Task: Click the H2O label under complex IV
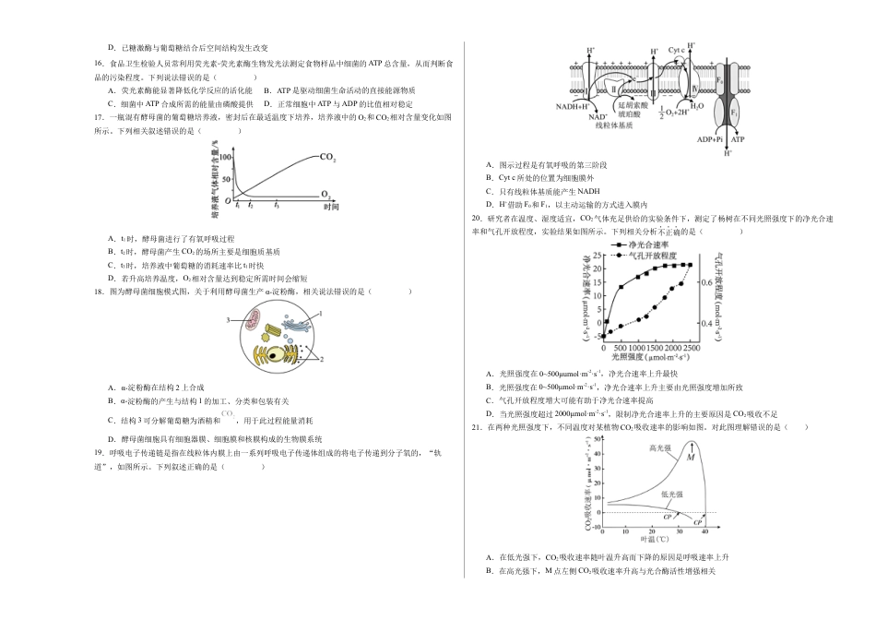697,107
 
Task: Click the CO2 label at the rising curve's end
327,157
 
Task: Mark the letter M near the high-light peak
690,457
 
